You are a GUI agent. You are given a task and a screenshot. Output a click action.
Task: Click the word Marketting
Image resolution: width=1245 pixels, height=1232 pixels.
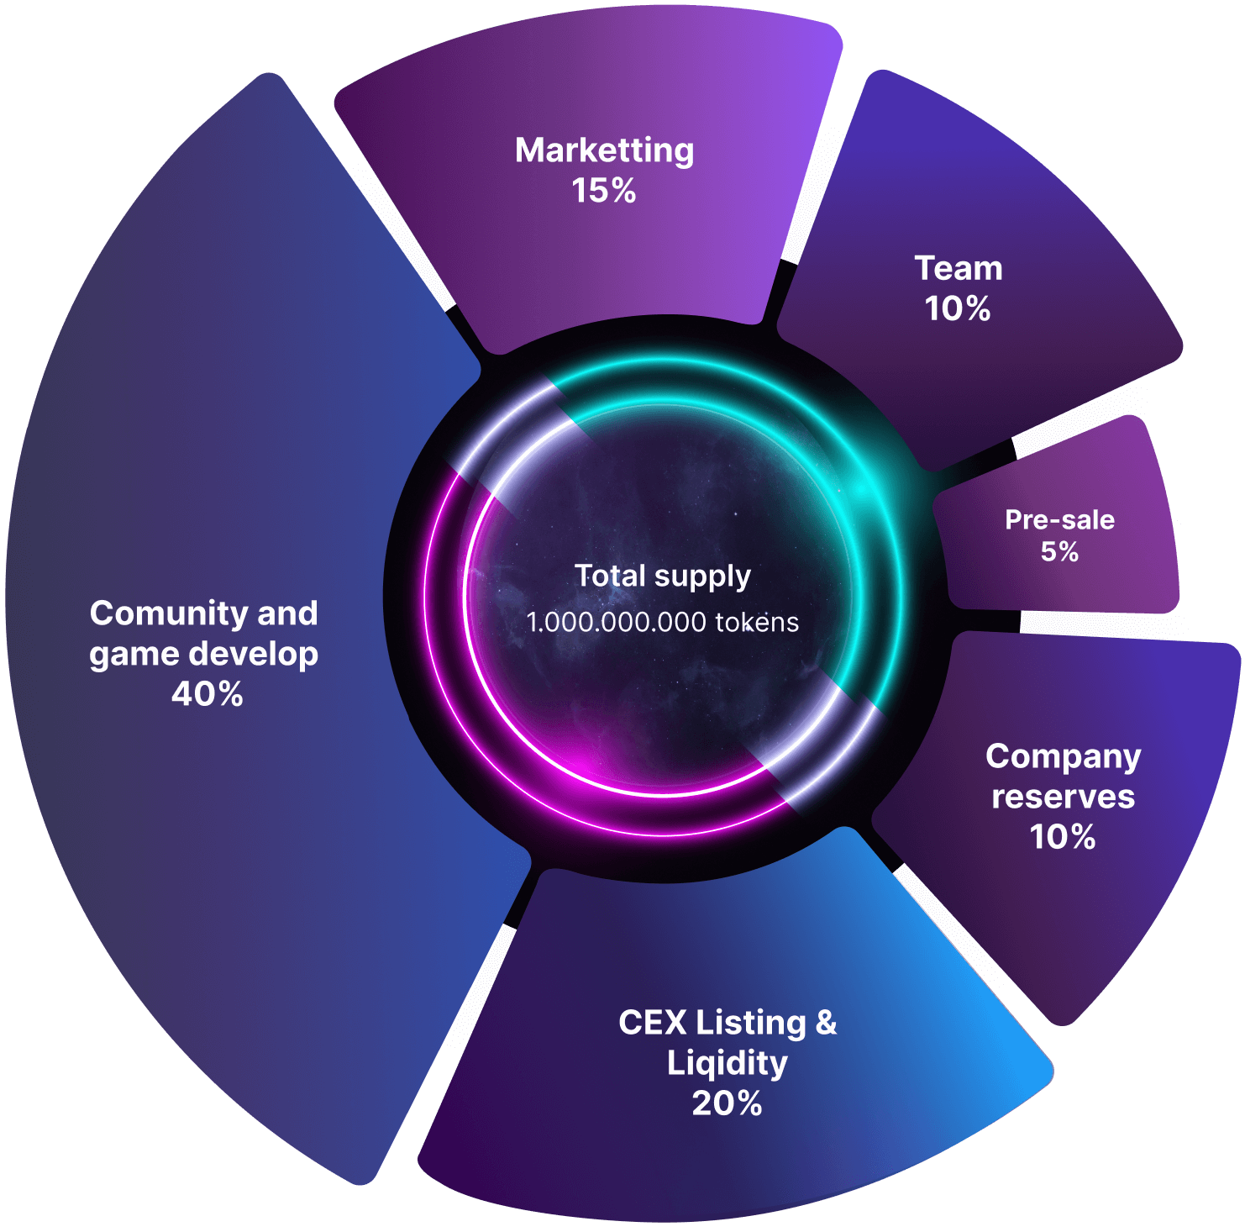click(604, 151)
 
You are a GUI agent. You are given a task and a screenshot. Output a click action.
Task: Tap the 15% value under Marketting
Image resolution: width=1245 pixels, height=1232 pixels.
click(604, 191)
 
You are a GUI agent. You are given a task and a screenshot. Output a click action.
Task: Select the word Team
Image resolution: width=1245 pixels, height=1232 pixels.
click(959, 269)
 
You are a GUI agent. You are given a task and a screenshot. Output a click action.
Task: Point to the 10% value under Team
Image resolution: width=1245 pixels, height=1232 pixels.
click(958, 308)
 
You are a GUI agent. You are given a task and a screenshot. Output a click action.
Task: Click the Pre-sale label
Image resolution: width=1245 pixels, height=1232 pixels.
click(1059, 520)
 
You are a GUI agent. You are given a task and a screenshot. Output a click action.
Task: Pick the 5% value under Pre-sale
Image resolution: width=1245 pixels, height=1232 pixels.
click(1059, 551)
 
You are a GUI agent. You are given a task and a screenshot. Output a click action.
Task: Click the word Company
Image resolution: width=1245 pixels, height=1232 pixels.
click(1063, 757)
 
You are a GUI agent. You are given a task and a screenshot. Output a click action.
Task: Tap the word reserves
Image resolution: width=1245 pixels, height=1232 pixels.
click(1063, 797)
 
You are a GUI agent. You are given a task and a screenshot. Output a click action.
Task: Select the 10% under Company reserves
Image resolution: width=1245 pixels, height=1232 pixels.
click(1063, 836)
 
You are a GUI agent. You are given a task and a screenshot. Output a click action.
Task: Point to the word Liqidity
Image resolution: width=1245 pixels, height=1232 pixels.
click(728, 1063)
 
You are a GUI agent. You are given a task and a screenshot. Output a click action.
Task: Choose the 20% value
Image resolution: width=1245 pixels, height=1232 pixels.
click(728, 1103)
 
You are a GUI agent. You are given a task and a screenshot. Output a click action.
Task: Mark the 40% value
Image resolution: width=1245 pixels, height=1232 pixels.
click(207, 694)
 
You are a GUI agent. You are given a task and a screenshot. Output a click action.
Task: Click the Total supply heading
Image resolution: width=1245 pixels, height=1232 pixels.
click(663, 577)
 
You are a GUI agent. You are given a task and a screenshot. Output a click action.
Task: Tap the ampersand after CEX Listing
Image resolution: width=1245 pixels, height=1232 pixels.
click(826, 1023)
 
